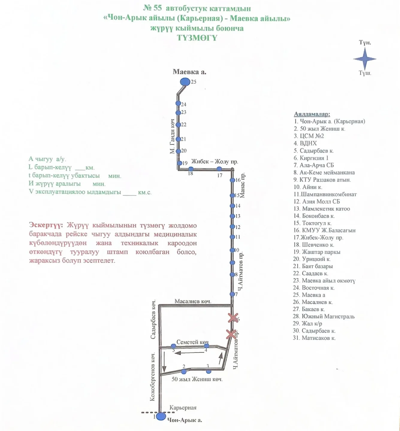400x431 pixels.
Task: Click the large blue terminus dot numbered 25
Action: [185, 82]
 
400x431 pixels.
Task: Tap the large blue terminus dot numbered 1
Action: [161, 416]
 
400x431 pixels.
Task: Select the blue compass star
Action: [365, 59]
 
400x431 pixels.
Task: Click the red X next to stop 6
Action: [233, 318]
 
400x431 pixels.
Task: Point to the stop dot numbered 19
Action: [179, 163]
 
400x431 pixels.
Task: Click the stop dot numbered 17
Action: [219, 169]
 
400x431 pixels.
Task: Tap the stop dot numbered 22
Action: [178, 125]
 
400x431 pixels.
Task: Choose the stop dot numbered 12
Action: [232, 227]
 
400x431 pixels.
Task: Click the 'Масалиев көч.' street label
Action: [193, 301]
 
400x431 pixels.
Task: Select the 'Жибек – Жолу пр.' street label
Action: [215, 162]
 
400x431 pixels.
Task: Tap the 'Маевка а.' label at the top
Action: [189, 72]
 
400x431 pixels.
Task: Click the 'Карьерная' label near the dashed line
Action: [183, 408]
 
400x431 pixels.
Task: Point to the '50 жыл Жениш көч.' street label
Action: [197, 379]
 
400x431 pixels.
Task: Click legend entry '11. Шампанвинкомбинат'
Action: [325, 194]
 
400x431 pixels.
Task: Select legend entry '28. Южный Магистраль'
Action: [324, 316]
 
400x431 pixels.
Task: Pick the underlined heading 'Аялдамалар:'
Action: [312, 114]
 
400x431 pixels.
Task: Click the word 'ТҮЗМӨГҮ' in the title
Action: [197, 38]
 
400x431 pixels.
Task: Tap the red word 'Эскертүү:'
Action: [46, 225]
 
